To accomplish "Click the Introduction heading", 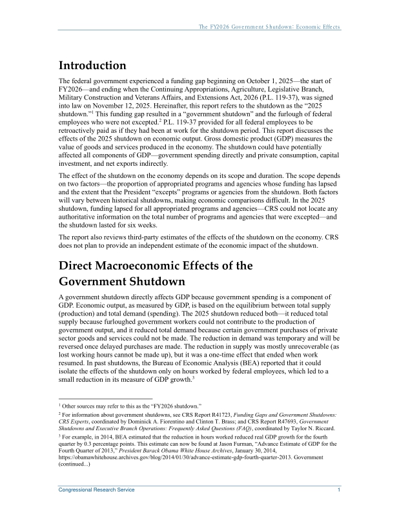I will (92, 66).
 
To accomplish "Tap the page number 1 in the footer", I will (339, 491).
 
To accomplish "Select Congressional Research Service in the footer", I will (97, 491).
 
